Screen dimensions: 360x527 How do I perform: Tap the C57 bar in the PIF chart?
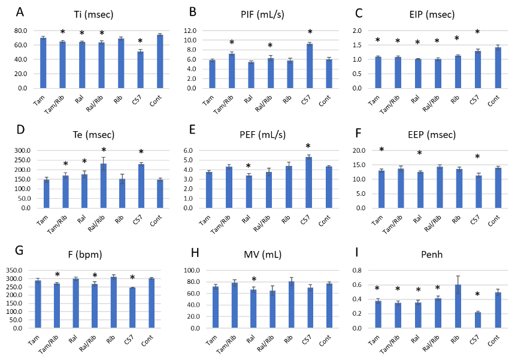[x=310, y=66]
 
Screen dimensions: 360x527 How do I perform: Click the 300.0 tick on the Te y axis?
[x=23, y=150]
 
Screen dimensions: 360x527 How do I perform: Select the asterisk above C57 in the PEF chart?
[x=309, y=147]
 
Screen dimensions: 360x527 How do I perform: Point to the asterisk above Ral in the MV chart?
[x=254, y=280]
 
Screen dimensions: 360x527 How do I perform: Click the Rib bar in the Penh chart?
[x=459, y=306]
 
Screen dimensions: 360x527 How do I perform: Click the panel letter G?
[x=20, y=251]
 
